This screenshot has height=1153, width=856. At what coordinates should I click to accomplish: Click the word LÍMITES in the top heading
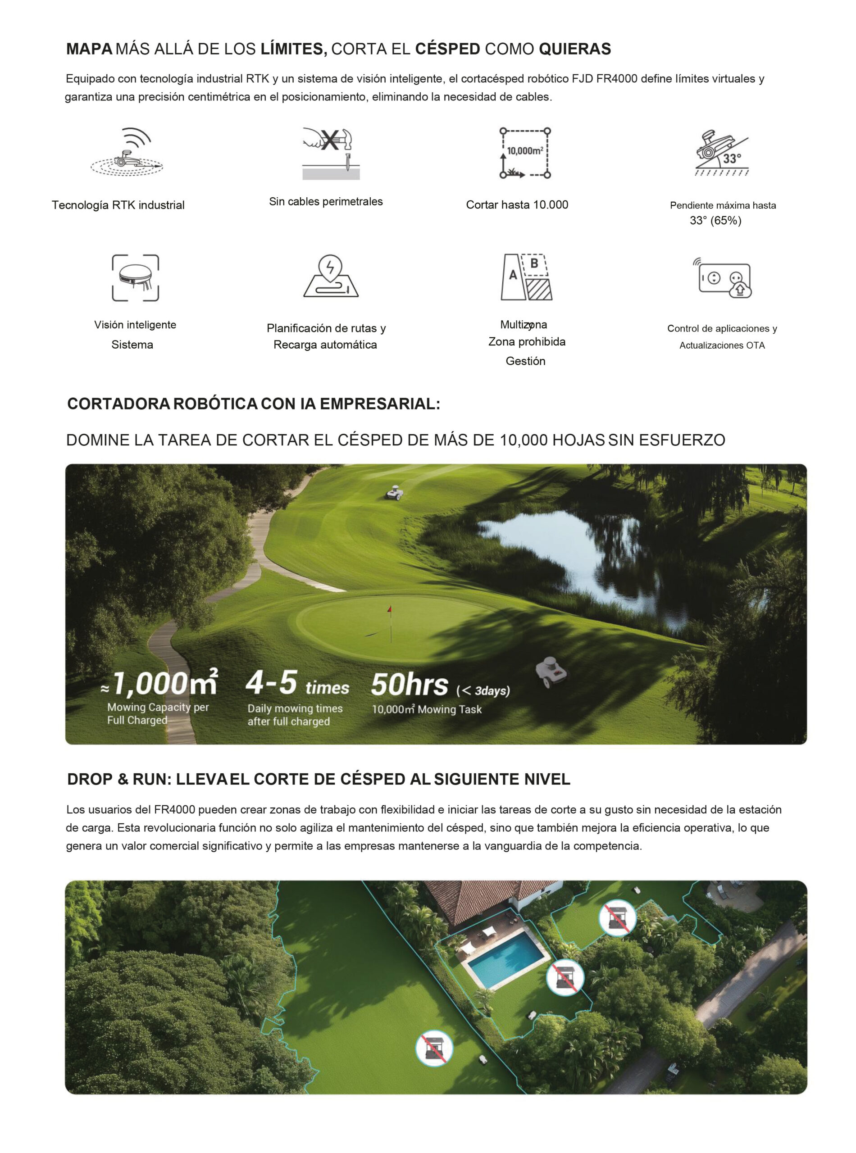(x=293, y=49)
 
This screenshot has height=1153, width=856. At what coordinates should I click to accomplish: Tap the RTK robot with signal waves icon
(x=127, y=153)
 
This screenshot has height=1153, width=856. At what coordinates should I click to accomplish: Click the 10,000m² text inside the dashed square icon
(x=525, y=151)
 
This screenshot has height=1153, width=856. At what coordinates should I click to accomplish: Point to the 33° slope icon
(x=722, y=153)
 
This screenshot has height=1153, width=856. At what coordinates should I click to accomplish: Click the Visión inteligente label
(x=135, y=325)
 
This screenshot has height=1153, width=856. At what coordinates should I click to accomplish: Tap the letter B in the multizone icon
(x=534, y=263)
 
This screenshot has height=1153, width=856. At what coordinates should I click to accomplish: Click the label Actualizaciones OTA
(x=722, y=345)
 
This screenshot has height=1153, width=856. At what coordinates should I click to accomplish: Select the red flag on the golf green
(x=389, y=610)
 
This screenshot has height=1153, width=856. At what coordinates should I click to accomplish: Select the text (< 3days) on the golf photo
(x=483, y=690)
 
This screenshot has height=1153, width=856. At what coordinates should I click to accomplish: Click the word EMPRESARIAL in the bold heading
(x=379, y=404)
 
